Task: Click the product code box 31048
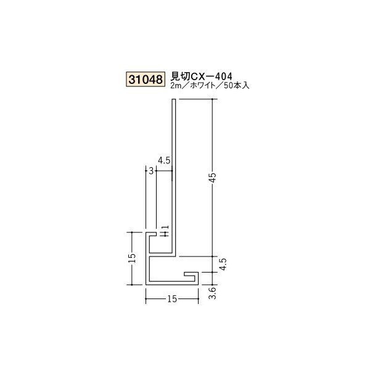[146, 80]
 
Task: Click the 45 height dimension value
[213, 177]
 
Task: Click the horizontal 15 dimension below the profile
[172, 299]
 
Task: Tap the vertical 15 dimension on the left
[132, 258]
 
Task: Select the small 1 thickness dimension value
[165, 231]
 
